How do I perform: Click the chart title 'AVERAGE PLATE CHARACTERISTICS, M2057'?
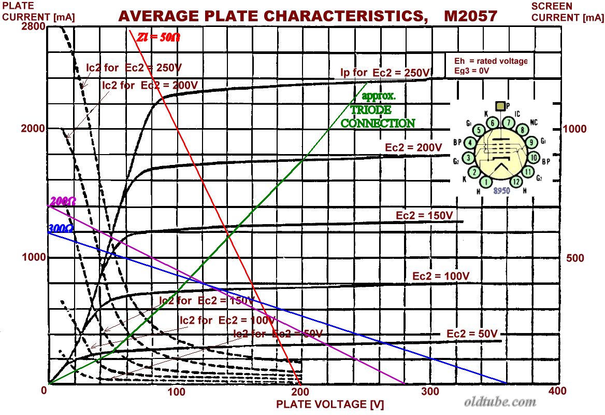point(308,16)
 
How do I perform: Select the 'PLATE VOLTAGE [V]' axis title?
point(329,404)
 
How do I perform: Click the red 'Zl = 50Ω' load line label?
point(159,37)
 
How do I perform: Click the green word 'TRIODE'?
point(371,110)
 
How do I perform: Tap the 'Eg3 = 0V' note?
point(471,71)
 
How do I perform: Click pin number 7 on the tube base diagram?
point(510,122)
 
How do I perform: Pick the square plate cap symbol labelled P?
point(500,106)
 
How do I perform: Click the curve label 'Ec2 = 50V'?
point(472,334)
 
